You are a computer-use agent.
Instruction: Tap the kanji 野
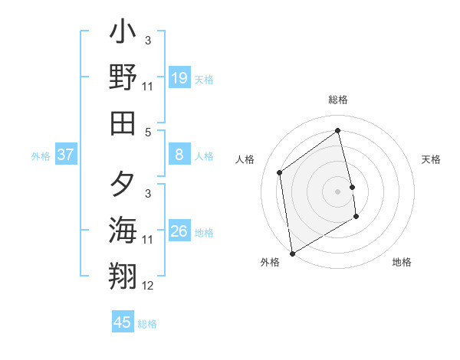[123, 77]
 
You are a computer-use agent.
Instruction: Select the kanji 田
[123, 122]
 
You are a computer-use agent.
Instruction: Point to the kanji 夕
[123, 185]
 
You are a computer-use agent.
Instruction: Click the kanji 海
[123, 230]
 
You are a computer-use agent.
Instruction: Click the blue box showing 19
[179, 78]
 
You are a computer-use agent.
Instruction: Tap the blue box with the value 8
[179, 155]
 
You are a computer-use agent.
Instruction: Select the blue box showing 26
[179, 231]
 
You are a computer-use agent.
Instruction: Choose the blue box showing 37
[66, 155]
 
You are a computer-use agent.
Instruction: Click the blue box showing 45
[123, 322]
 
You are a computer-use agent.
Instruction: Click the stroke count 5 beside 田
[148, 132]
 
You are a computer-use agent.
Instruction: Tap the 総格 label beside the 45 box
[147, 324]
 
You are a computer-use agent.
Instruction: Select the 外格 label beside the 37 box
[41, 156]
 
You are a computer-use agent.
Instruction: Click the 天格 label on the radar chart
[431, 159]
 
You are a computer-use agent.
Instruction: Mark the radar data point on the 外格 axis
[292, 254]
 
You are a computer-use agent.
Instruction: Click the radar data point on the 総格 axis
[338, 130]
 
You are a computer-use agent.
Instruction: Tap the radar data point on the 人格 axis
[280, 172]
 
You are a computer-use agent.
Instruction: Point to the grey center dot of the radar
[338, 191]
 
